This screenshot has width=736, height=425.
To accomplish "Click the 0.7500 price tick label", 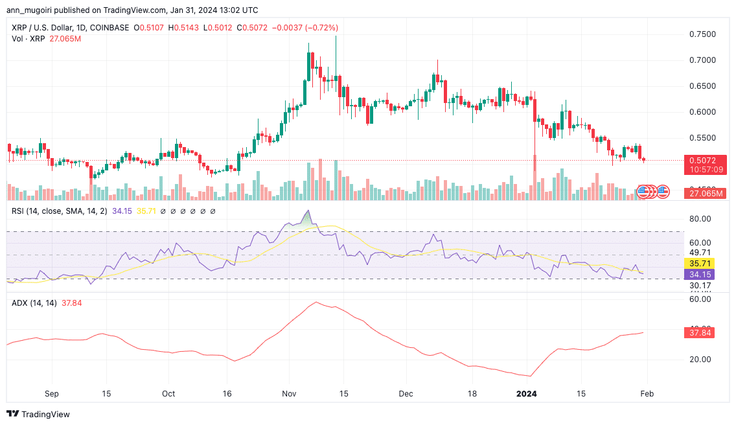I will tap(702, 34).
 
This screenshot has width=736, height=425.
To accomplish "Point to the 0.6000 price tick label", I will tap(702, 112).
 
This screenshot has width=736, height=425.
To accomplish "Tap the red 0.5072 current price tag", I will tap(702, 160).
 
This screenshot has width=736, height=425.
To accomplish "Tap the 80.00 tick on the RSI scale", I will tap(700, 220).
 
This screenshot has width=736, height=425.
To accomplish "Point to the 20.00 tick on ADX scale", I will tap(700, 359).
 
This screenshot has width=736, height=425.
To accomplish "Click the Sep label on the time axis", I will tap(52, 393).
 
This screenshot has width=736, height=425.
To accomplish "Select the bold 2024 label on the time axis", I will tap(521, 393).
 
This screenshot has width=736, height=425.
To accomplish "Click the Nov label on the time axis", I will tap(290, 393).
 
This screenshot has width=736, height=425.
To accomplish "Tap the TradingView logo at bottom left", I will tap(38, 414).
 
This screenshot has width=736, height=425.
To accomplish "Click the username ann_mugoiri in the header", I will tap(30, 10).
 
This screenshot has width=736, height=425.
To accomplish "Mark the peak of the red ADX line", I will tap(316, 302).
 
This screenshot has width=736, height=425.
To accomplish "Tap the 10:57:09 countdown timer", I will tap(702, 169).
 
